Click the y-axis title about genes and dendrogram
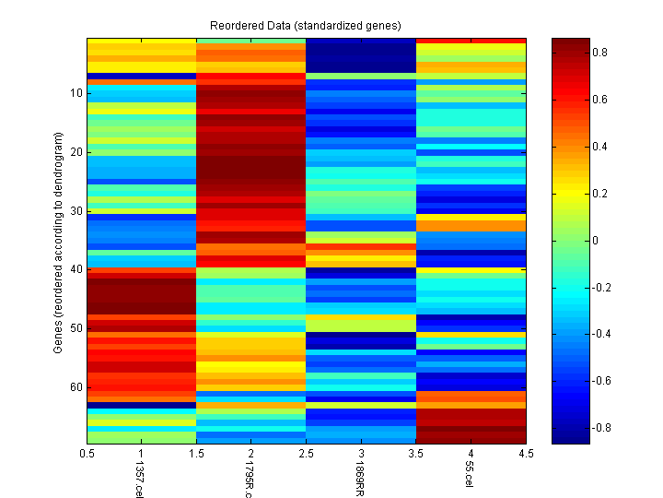(x=57, y=243)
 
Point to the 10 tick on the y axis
(x=76, y=93)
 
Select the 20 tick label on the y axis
(x=76, y=152)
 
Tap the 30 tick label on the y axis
(x=76, y=210)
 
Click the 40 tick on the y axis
(x=76, y=269)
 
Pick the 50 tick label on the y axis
(x=76, y=327)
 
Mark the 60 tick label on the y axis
(x=76, y=386)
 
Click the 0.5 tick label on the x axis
(x=87, y=454)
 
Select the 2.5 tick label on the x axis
(x=306, y=454)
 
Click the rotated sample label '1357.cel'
(x=139, y=480)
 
